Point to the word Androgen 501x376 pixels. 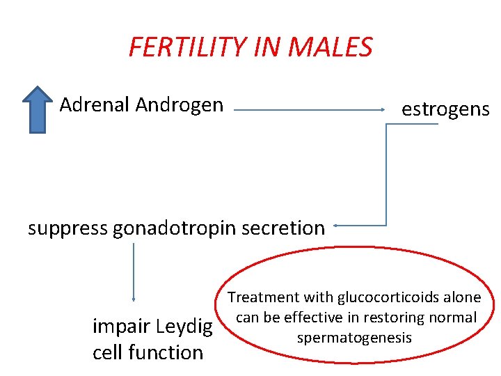pyautogui.click(x=180, y=105)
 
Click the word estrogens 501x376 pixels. pyautogui.click(x=445, y=109)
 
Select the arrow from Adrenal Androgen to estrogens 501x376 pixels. pyautogui.click(x=310, y=109)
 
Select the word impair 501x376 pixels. pyautogui.click(x=121, y=327)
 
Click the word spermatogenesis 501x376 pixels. pyautogui.click(x=354, y=338)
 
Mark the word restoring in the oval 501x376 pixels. pyautogui.click(x=392, y=318)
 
